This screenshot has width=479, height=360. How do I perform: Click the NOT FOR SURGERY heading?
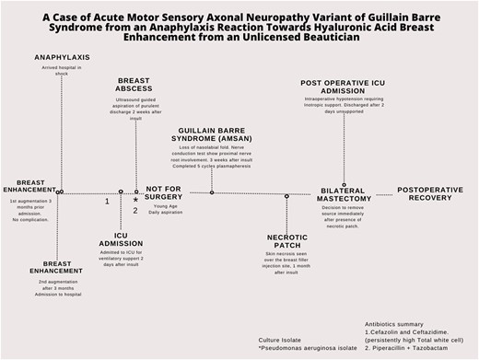click(x=166, y=192)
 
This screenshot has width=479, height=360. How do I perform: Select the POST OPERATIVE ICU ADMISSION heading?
click(x=349, y=87)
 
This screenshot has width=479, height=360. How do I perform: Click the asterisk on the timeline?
click(x=136, y=200)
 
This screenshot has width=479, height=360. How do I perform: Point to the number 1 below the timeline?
click(x=107, y=201)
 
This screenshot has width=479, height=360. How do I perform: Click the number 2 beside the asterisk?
click(x=135, y=211)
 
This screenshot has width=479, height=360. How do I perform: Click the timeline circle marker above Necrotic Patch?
click(x=286, y=196)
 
